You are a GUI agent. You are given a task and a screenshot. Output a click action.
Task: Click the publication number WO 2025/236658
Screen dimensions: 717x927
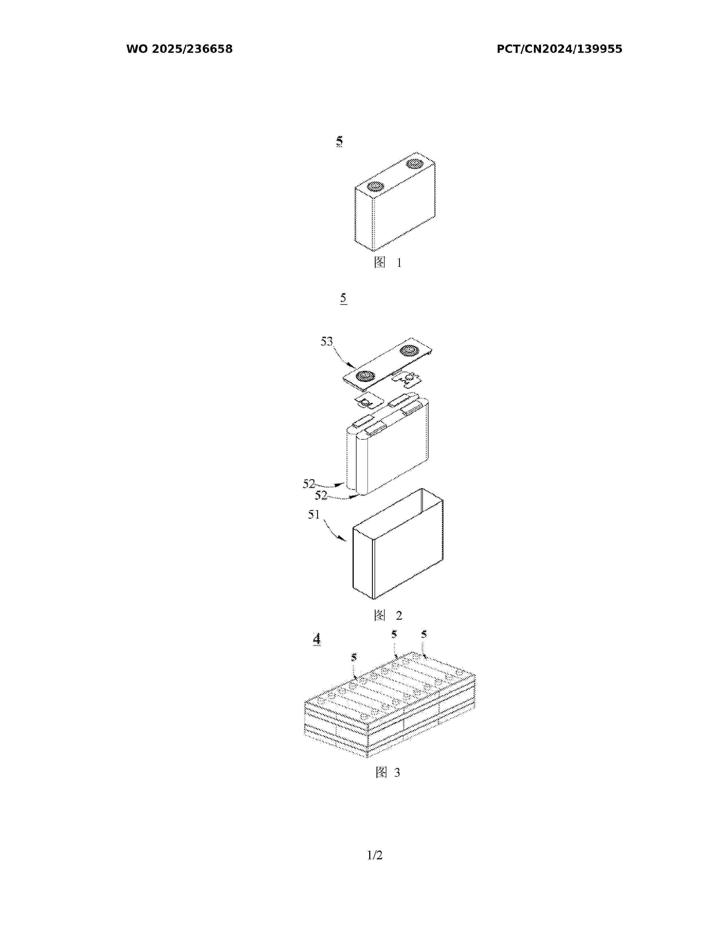[179, 49]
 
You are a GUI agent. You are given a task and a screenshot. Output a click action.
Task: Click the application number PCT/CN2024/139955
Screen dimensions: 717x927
[560, 49]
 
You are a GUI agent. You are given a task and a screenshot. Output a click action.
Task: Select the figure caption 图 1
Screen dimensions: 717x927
[387, 262]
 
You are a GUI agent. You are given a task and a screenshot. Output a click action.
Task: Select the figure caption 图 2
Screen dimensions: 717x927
[388, 615]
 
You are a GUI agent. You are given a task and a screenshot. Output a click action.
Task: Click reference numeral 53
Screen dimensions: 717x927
[327, 341]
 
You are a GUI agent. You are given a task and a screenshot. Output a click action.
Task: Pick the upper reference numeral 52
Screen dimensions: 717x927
[309, 483]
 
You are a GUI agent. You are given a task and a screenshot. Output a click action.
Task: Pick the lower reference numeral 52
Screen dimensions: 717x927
[321, 495]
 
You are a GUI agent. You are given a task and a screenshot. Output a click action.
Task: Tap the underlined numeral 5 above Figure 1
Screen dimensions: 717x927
[339, 141]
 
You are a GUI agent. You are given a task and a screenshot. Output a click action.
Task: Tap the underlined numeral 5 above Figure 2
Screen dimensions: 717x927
[343, 298]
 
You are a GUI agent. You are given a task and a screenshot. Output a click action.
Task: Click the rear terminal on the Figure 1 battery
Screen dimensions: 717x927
[414, 164]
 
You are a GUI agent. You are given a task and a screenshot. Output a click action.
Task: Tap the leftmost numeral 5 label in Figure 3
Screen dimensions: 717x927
[354, 658]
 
